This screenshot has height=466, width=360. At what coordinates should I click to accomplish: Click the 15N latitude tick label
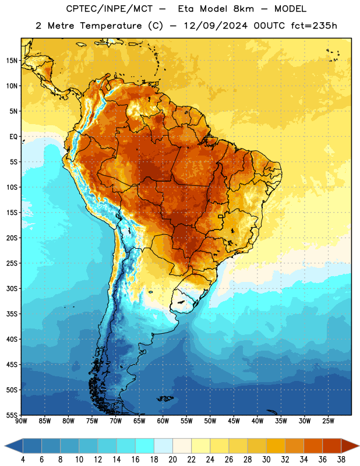click(x=12, y=61)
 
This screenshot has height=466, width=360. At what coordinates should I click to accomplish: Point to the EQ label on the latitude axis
click(x=13, y=137)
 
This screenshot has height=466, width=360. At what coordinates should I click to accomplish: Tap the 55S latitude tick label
click(x=12, y=415)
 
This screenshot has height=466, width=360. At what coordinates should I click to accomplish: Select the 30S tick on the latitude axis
click(x=12, y=288)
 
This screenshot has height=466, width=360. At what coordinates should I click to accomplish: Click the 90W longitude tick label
click(x=21, y=421)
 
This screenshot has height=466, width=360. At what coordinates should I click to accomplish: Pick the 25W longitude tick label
click(x=328, y=421)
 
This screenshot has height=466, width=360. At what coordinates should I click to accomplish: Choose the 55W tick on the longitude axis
click(x=186, y=421)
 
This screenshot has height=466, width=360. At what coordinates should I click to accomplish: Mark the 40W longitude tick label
click(x=257, y=421)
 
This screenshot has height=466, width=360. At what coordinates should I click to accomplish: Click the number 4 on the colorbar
click(x=23, y=460)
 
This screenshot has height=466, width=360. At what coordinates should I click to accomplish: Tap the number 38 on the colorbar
click(x=341, y=460)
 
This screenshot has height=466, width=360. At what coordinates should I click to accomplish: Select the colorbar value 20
click(x=172, y=460)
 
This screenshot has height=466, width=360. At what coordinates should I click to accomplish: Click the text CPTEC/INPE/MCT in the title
click(x=110, y=9)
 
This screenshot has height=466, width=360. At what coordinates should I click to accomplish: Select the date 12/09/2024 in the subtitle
click(x=216, y=26)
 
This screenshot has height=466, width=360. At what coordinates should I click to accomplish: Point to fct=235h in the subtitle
click(x=314, y=26)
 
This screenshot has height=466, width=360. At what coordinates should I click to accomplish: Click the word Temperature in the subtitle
click(x=111, y=26)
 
